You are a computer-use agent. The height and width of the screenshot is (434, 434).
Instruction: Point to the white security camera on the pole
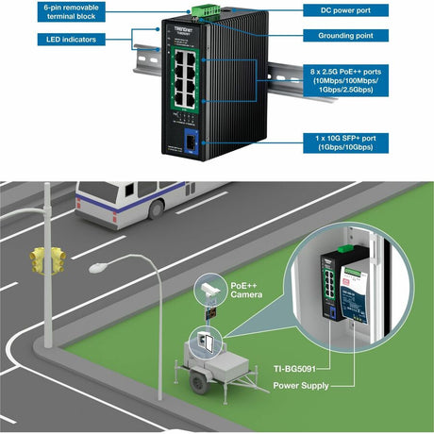click(209, 288)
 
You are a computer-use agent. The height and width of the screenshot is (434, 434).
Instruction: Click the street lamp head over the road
click(97, 269)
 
